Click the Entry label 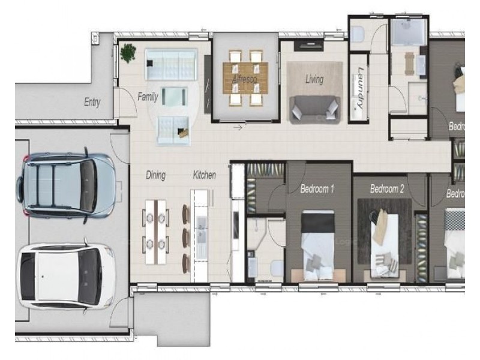(92, 103)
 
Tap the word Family (148, 96)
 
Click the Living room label (314, 79)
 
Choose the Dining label (155, 175)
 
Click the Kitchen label (204, 175)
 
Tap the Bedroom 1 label (317, 189)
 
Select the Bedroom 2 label (387, 189)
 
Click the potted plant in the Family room (128, 53)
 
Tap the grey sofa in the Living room (314, 109)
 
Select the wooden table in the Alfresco (246, 79)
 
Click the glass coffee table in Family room (173, 96)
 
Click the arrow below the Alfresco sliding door (238, 127)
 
